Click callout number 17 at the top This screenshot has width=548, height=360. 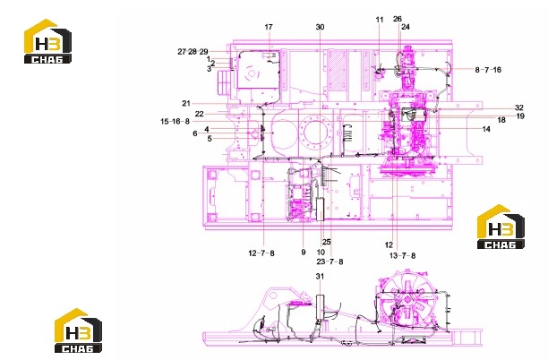[x=269, y=27]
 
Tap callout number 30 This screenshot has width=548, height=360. [x=320, y=27]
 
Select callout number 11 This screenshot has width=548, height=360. [x=380, y=20]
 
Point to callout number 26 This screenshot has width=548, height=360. [x=398, y=19]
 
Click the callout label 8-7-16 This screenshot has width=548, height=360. [x=488, y=70]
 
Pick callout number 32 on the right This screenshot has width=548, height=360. [x=519, y=107]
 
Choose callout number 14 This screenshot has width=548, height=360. [x=486, y=129]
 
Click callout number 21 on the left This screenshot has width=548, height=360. [x=186, y=103]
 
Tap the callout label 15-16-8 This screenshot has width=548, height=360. [x=175, y=121]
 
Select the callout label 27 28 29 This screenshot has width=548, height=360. [x=193, y=52]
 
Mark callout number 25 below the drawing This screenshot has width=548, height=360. [x=327, y=242]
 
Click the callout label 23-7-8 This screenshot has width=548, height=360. [x=330, y=261]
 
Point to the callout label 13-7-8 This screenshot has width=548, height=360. [x=402, y=255]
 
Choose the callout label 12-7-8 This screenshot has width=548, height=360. [x=261, y=253]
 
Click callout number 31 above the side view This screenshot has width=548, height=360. [x=320, y=276]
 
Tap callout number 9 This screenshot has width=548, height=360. [x=304, y=252]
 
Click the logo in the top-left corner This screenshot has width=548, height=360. [x=47, y=41]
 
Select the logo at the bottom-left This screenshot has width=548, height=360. [x=78, y=330]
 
